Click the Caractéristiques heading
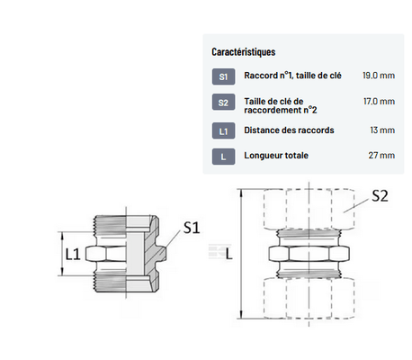point(244,52)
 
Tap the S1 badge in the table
point(223,76)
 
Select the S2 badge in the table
point(223,103)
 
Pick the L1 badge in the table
point(223,130)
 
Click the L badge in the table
point(223,157)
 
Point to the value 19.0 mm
point(379,76)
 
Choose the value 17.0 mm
point(379,102)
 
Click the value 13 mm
point(382,130)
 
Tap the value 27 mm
point(381,156)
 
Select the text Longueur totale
point(276,156)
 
